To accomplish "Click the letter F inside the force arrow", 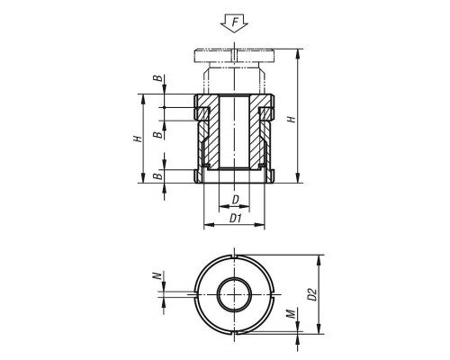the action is coord(236,22).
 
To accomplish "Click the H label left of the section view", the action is coord(138,139).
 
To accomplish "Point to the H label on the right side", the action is coord(292,119).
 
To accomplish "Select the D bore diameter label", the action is coord(236,200).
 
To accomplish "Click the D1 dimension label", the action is coord(236,219).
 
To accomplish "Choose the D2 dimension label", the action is coord(312,294).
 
